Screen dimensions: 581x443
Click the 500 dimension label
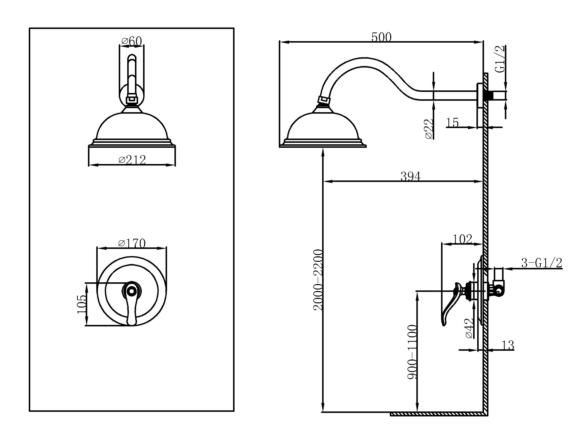coord(381,37)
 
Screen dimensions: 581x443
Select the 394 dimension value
coord(410,176)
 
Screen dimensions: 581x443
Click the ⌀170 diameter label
coord(132,243)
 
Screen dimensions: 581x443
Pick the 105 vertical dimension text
coord(82,304)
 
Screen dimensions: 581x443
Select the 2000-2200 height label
coord(318,280)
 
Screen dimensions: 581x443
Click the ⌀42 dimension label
coord(470,328)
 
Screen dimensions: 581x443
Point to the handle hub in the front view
coord(131,291)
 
